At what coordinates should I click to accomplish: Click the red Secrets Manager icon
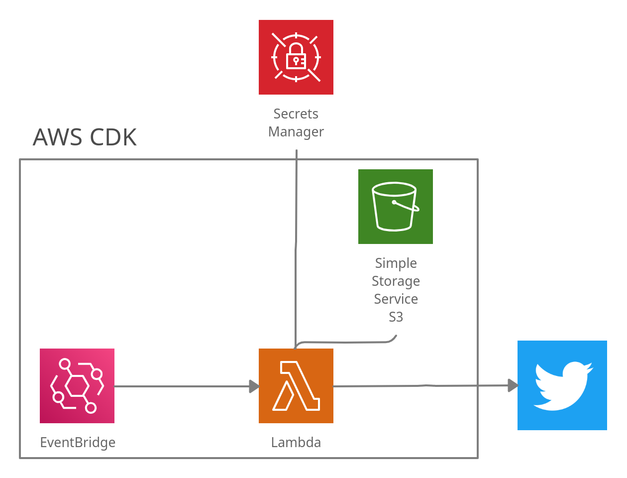296,57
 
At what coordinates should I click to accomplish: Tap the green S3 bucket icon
396,207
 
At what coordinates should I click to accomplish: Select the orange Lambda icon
296,386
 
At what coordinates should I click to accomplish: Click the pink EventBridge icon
77,386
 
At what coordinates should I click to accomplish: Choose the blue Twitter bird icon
562,385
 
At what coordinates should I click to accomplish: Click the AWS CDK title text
85,137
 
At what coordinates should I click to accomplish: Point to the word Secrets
296,114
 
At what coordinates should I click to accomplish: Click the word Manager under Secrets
296,132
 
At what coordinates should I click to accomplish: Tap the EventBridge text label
78,443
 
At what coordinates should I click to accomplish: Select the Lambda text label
296,443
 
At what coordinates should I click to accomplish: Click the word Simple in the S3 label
396,263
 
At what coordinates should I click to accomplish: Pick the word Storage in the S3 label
396,281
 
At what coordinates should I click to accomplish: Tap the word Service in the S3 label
396,299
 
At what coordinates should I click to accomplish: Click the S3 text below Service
396,317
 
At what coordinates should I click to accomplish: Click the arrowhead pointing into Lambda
254,386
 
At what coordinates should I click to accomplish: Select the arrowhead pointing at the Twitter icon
513,385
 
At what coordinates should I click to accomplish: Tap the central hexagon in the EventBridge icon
77,386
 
